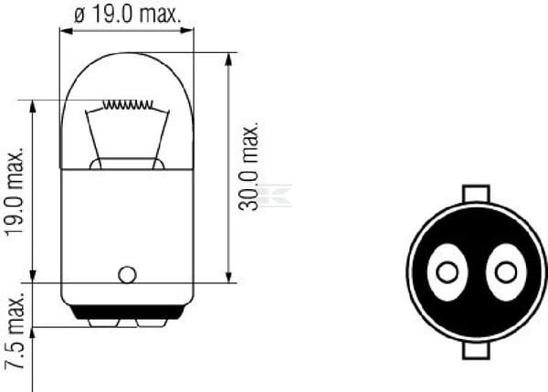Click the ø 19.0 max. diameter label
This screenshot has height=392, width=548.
click(127, 14)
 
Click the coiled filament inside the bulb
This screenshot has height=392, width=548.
click(127, 105)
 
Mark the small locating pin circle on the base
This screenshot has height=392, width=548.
click(127, 273)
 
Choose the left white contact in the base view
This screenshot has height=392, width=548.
click(447, 272)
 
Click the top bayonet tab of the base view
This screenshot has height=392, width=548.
click(476, 194)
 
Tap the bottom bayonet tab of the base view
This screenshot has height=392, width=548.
click(476, 350)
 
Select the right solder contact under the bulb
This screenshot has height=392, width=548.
click(148, 322)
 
